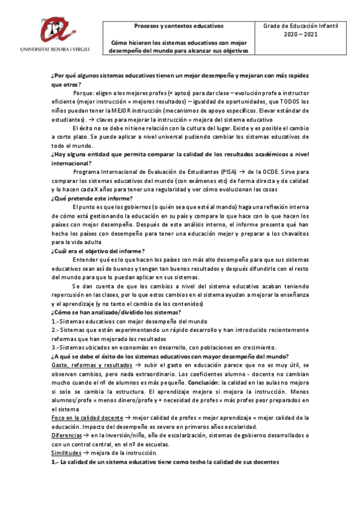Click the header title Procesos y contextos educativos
click(178, 26)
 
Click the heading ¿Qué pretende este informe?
click(92, 198)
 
